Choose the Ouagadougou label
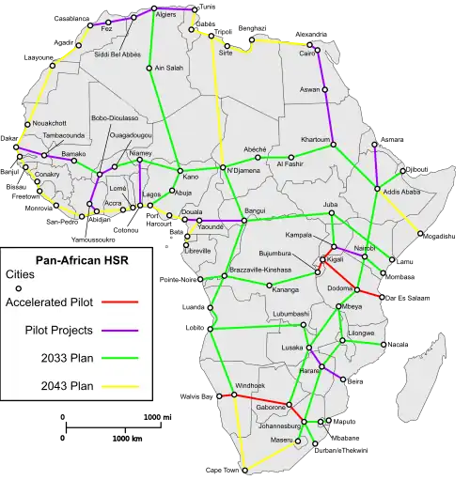116,136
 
